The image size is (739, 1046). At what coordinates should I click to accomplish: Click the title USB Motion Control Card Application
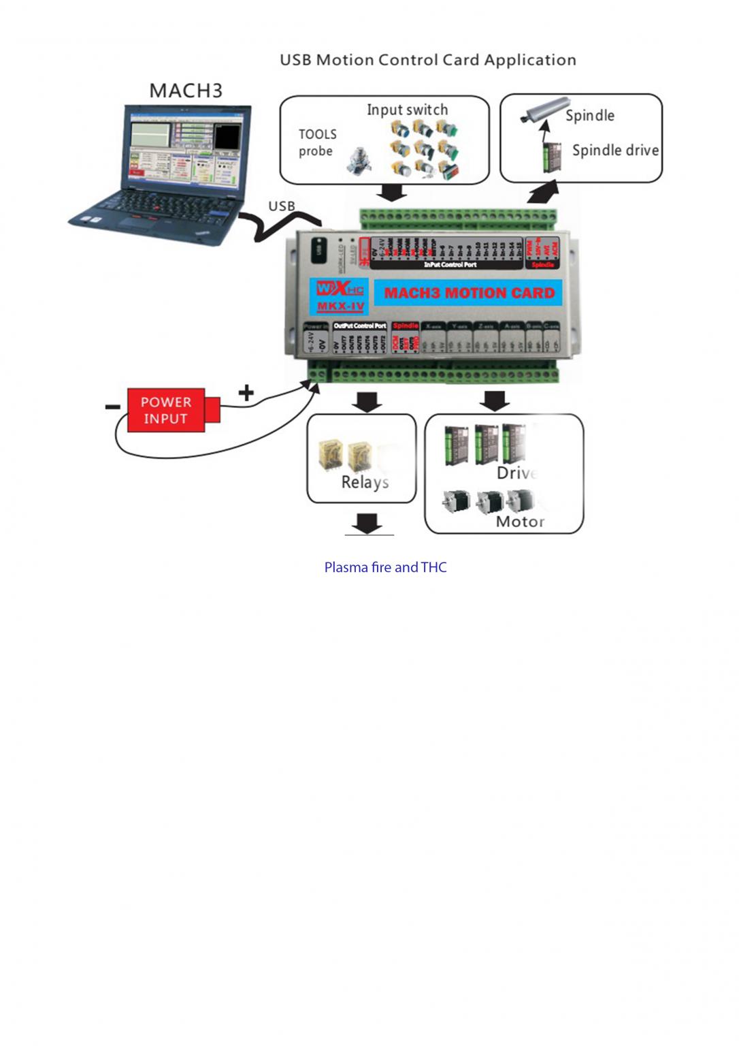[x=427, y=60]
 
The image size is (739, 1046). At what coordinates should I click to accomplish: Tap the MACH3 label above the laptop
[x=185, y=91]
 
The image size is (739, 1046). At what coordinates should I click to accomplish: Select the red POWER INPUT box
[x=166, y=411]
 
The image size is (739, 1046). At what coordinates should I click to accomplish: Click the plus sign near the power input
[x=246, y=392]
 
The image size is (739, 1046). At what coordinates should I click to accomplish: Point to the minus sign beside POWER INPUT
[x=112, y=408]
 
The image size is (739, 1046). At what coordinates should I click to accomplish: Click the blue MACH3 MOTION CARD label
[x=469, y=294]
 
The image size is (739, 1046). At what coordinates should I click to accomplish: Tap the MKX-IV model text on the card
[x=340, y=306]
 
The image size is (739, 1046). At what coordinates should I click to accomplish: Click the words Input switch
[x=407, y=110]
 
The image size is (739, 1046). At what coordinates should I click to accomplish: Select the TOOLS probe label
[x=317, y=142]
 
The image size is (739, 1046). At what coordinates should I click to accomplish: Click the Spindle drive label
[x=615, y=150]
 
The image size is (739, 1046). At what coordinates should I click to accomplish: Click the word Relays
[x=365, y=482]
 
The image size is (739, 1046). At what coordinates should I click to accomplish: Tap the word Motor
[x=520, y=522]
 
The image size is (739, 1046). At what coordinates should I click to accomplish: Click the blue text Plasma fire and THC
[x=385, y=567]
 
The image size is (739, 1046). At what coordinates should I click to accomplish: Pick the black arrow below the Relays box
[x=368, y=524]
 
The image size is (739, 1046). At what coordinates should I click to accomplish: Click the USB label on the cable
[x=281, y=206]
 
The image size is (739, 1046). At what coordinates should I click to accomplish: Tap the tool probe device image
[x=359, y=161]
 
